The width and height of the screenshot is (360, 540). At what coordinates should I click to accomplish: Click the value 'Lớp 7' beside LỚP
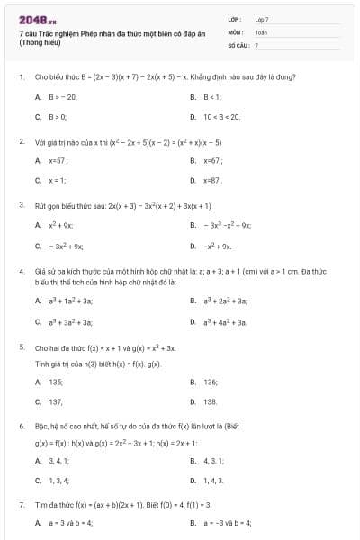pyautogui.click(x=262, y=19)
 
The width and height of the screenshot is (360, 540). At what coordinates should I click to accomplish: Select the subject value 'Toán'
pyautogui.click(x=261, y=31)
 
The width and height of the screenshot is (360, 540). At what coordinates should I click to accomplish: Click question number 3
pyautogui.click(x=21, y=205)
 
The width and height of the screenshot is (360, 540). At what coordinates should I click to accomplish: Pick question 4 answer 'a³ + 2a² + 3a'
pyautogui.click(x=227, y=301)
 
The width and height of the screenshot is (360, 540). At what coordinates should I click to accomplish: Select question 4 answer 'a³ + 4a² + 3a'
pyautogui.click(x=227, y=321)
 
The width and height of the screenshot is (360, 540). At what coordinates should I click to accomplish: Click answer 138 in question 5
pyautogui.click(x=211, y=401)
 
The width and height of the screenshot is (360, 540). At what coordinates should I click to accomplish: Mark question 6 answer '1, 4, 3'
pyautogui.click(x=212, y=481)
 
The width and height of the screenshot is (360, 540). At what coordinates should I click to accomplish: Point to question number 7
pyautogui.click(x=21, y=506)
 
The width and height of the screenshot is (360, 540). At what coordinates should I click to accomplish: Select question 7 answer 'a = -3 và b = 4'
pyautogui.click(x=228, y=523)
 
